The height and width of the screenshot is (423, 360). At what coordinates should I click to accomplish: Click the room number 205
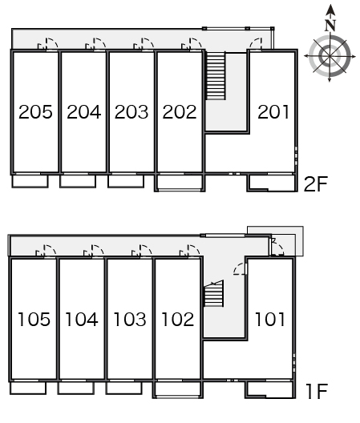pos(35,111)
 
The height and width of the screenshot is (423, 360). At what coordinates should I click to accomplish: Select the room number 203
pos(131,111)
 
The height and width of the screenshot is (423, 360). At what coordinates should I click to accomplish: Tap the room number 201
pos(273,111)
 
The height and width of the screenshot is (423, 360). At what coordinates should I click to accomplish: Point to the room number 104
pos(82,320)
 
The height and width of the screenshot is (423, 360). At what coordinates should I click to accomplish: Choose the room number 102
pos(178,320)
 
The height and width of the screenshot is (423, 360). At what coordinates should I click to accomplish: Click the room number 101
pos(269,320)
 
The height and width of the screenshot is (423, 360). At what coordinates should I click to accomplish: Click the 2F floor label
pos(316,184)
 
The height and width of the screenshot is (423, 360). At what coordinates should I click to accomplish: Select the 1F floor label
pos(317,392)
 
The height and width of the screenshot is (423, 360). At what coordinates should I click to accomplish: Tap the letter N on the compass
pos(330,26)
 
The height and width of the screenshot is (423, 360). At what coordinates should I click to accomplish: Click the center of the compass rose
pos(330,56)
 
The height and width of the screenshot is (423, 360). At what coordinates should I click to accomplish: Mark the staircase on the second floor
pos(216,76)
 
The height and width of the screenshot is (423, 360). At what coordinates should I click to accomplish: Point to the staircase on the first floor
pos(213,293)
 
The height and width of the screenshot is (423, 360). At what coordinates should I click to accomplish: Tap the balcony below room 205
pos(30,181)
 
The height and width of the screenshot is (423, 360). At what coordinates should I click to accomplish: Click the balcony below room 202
pos(180,183)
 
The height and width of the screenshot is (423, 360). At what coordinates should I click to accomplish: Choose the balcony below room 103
pos(124,388)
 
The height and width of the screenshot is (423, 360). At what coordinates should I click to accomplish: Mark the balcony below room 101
pos(270,389)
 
